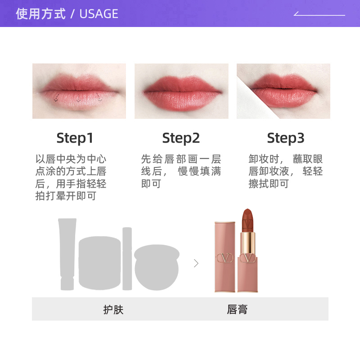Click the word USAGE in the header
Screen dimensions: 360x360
[99, 14]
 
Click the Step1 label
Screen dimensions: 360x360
[75, 138]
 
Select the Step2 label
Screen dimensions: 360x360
[181, 138]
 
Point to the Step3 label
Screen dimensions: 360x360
[285, 138]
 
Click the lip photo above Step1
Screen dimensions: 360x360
[79, 91]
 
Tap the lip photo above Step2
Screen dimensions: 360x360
[181, 91]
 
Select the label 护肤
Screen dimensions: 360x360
[113, 310]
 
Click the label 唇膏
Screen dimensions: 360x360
[237, 310]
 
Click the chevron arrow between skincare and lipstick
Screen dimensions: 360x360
[196, 263]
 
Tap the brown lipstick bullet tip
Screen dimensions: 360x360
[247, 220]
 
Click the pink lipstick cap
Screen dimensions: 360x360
[225, 256]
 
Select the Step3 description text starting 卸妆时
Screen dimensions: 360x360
[285, 171]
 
